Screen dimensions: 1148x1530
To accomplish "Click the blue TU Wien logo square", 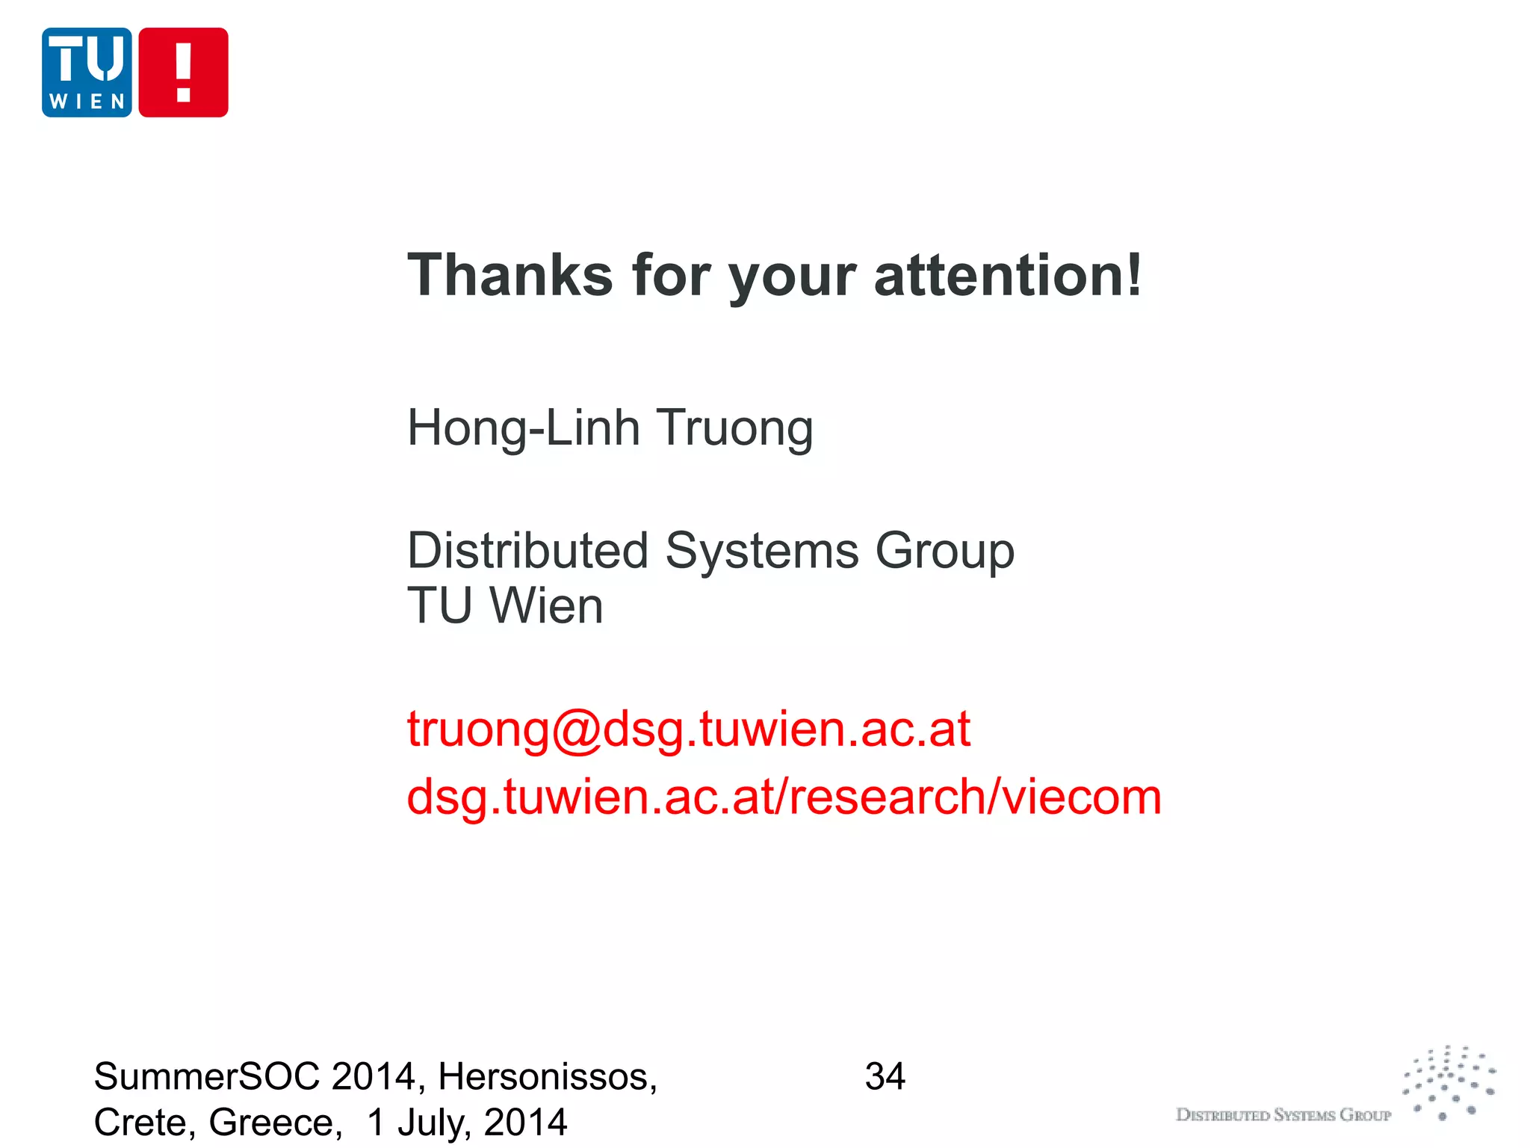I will (87, 72).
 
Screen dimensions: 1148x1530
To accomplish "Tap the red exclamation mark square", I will (183, 72).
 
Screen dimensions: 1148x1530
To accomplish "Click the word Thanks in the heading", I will (510, 275).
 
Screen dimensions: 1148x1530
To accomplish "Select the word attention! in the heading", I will (1008, 275).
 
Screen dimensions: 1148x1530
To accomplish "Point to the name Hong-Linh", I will (523, 429).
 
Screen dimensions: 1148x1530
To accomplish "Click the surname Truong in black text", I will (735, 429).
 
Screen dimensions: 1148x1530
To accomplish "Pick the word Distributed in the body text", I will (527, 551).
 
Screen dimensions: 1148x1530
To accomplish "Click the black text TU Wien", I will (505, 605).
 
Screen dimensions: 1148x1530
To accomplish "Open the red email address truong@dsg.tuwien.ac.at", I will (688, 729).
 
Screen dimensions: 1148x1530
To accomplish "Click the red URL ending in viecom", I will (784, 797).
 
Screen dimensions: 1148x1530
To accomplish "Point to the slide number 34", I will (885, 1077).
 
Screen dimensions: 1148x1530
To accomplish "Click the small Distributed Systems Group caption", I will (1283, 1115).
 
